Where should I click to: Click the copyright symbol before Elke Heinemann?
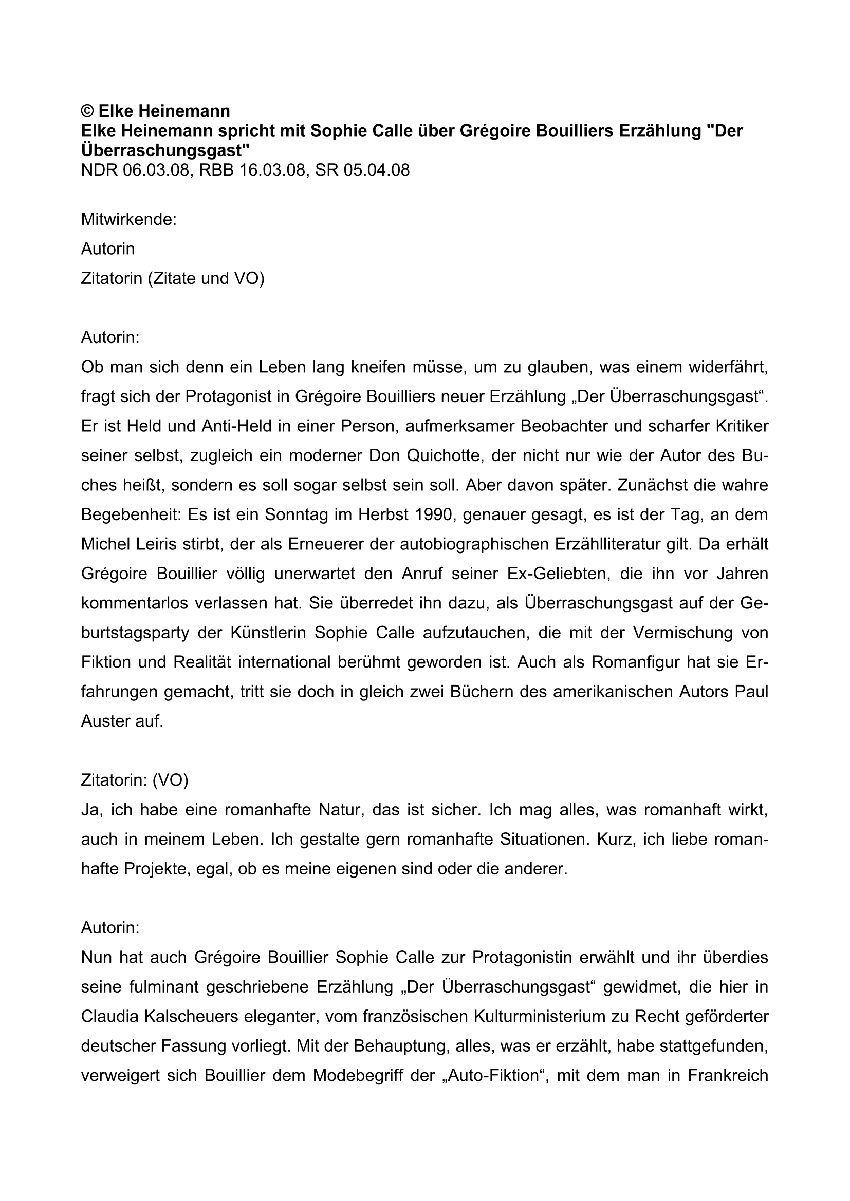point(87,111)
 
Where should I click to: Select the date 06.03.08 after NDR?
point(155,170)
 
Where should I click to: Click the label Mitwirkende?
point(129,219)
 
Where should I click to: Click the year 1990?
point(433,514)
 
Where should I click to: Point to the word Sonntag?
point(295,514)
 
